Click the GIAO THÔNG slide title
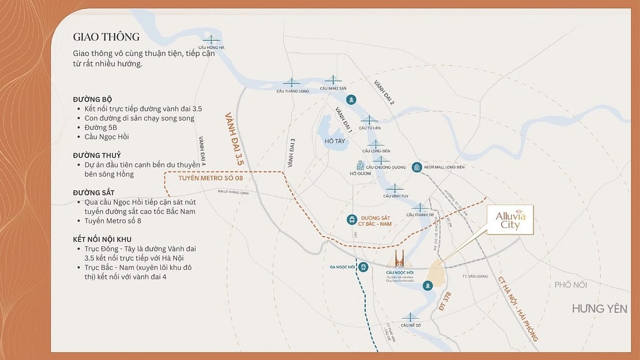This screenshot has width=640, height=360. (106, 37)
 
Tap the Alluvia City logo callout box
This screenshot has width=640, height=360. (510, 220)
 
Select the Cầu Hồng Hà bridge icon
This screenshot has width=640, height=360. (211, 40)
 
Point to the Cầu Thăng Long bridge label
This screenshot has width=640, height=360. (293, 91)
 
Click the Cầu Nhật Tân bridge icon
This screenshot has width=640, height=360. (333, 80)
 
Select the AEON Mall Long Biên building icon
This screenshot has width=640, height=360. (417, 167)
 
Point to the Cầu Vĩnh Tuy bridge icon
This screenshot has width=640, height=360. (395, 188)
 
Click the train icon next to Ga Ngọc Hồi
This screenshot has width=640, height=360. (363, 267)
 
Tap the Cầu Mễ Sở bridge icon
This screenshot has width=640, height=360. (410, 317)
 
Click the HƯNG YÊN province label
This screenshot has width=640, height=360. (599, 309)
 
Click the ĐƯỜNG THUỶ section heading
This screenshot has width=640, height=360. (96, 155)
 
